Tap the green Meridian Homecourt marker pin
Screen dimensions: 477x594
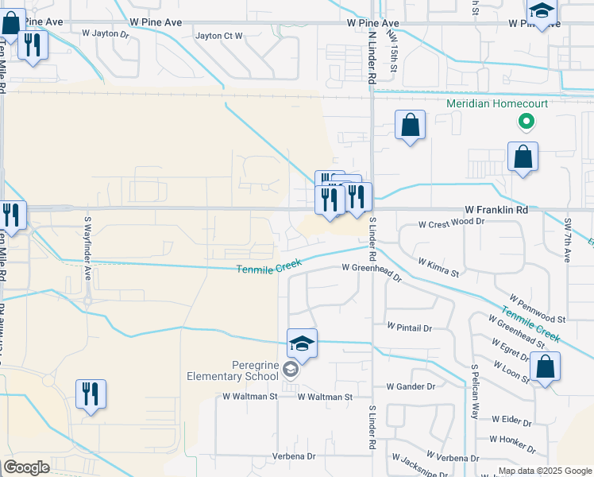(x=524, y=122)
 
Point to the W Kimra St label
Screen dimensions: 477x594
(x=438, y=266)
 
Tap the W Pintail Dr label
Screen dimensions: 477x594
(x=409, y=327)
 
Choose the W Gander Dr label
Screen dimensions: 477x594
(x=411, y=386)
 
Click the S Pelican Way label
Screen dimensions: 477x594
(x=475, y=392)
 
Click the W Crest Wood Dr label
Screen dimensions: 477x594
(x=451, y=223)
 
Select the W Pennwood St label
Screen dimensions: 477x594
(x=538, y=308)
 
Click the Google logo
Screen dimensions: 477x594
(x=26, y=467)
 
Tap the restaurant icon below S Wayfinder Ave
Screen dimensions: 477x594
(x=89, y=394)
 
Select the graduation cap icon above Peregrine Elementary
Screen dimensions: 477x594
(x=302, y=343)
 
